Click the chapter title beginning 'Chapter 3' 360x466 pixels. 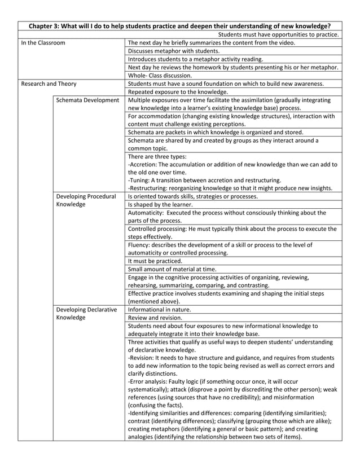(179, 26)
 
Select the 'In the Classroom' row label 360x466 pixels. (43, 42)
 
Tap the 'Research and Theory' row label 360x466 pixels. (48, 83)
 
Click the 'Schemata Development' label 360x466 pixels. (87, 100)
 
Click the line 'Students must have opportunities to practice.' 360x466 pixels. (278, 34)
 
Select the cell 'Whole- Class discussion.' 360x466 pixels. (160, 75)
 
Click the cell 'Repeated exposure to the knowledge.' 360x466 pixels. (178, 92)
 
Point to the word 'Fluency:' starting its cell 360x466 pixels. (141, 245)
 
